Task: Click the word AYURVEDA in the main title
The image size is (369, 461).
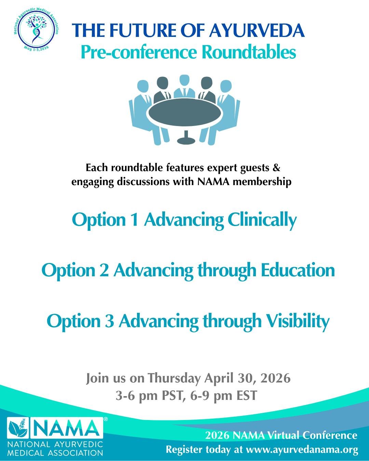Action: [x=257, y=30]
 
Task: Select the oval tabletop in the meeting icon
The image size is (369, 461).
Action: [x=185, y=113]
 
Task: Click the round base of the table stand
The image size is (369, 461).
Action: [x=186, y=141]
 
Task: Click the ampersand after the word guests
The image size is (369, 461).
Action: [x=277, y=168]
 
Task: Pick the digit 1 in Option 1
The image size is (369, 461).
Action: [x=135, y=220]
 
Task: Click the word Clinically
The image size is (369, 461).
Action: [x=262, y=221]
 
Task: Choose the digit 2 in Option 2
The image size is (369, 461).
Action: [x=105, y=270]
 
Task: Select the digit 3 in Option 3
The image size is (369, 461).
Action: [x=109, y=321]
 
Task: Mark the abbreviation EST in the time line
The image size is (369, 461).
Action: [x=247, y=395]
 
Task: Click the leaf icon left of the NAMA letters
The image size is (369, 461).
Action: [x=18, y=428]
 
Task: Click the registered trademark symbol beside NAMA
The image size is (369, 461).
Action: [x=106, y=419]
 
